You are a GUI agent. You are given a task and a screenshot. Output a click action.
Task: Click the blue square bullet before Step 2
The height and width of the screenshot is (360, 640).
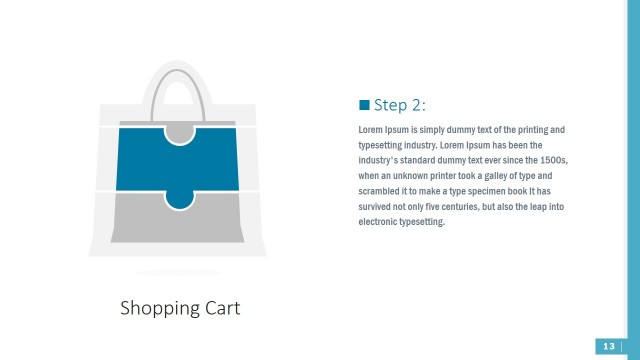point(363,105)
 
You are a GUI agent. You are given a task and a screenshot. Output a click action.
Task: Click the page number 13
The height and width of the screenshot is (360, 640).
point(608,346)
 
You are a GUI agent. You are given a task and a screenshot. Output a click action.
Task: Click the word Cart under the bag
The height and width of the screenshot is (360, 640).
point(220,307)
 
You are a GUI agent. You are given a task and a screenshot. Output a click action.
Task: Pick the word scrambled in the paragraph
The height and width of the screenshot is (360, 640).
point(380,190)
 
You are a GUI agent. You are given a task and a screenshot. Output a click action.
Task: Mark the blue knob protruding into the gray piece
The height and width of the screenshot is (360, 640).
point(180,198)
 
